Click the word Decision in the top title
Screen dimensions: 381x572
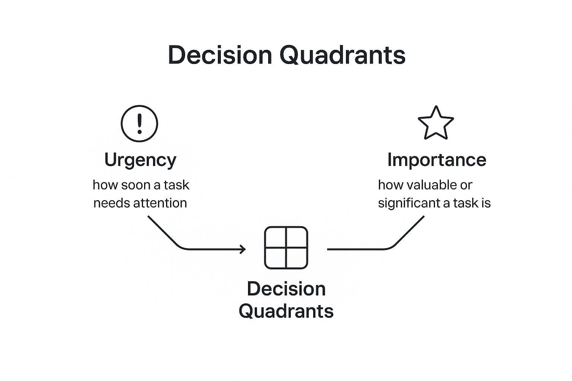[x=220, y=55]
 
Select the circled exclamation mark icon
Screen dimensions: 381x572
[x=139, y=124]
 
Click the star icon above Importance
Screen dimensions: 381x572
[x=436, y=124]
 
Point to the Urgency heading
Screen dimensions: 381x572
[x=140, y=160]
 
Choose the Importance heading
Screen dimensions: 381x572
[x=436, y=160]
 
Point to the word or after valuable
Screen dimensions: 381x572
[x=466, y=185]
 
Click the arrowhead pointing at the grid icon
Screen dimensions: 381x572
[x=243, y=249]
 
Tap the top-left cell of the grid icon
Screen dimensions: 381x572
[x=275, y=237]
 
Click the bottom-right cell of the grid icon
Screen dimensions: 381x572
[x=296, y=258]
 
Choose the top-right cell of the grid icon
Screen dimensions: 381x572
[x=296, y=237]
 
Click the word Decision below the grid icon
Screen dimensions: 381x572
[x=286, y=289]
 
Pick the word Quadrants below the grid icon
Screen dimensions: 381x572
[x=286, y=311]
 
